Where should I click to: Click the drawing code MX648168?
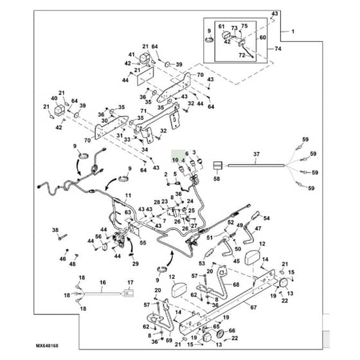[x=47, y=346]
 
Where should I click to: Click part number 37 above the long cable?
[x=256, y=154]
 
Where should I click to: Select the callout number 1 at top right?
[x=292, y=32]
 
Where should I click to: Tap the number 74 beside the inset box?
[x=278, y=49]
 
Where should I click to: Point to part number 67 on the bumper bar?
[x=253, y=307]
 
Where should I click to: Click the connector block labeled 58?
[x=218, y=165]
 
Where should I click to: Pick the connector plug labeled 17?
[x=129, y=293]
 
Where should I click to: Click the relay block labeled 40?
[x=59, y=110]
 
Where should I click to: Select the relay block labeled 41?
[x=145, y=57]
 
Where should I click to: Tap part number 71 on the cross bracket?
[x=143, y=111]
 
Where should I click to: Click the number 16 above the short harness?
[x=103, y=282]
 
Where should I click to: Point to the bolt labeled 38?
[x=62, y=237]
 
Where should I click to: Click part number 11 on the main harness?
[x=128, y=195]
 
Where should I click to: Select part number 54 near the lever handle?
[x=266, y=218]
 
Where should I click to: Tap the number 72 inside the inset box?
[x=242, y=55]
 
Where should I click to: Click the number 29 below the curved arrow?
[x=136, y=264]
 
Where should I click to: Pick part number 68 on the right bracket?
[x=236, y=284]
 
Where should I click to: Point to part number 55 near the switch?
[x=143, y=243]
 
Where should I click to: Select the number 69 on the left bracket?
[x=169, y=340]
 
